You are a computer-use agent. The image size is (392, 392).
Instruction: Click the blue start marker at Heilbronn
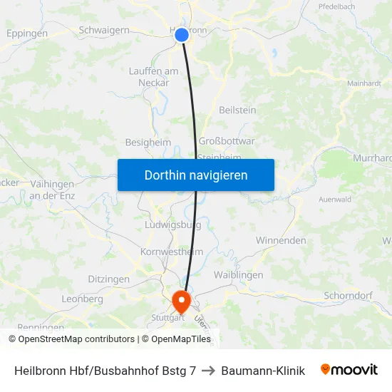pyautogui.click(x=182, y=35)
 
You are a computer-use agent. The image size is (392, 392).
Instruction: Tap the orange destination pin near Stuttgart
pyautogui.click(x=182, y=299)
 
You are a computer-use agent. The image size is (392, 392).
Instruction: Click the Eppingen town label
pyautogui.click(x=27, y=33)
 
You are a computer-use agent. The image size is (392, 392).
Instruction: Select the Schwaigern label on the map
pyautogui.click(x=104, y=31)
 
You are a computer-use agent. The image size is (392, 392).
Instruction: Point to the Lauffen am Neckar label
pyautogui.click(x=154, y=77)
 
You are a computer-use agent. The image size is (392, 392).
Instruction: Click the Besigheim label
pyautogui.click(x=148, y=143)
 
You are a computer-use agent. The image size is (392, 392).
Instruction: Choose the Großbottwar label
pyautogui.click(x=227, y=142)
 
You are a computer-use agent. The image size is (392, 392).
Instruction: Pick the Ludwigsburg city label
pyautogui.click(x=172, y=225)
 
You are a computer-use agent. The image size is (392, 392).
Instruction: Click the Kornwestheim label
pyautogui.click(x=172, y=252)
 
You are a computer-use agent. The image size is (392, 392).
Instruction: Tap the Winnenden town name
pyautogui.click(x=280, y=241)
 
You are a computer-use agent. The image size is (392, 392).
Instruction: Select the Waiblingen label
pyautogui.click(x=239, y=275)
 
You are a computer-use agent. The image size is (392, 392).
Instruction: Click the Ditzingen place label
pyautogui.click(x=108, y=279)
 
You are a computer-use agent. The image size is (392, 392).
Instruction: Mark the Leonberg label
pyautogui.click(x=83, y=299)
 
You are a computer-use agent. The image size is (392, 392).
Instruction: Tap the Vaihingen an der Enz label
pyautogui.click(x=53, y=190)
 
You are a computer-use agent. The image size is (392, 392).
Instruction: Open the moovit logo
pyautogui.click(x=349, y=370)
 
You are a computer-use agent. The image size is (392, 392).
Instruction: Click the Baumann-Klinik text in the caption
pyautogui.click(x=263, y=371)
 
